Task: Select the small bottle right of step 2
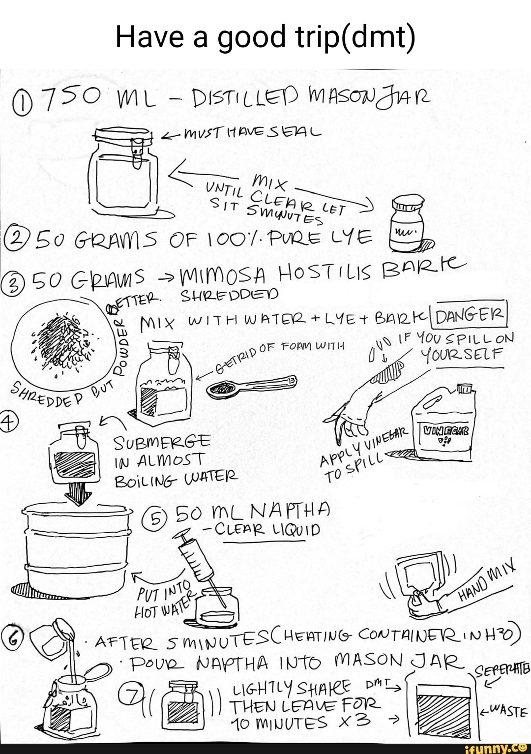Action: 407,221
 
